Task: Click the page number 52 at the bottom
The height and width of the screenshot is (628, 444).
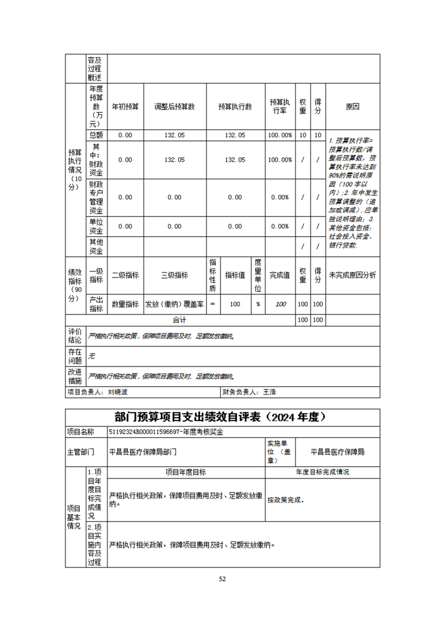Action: (x=222, y=579)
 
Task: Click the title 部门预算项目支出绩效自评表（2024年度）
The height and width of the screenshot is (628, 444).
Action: (x=222, y=418)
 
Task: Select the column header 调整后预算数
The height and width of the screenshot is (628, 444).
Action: (x=175, y=106)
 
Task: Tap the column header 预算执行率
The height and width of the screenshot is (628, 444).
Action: (x=280, y=106)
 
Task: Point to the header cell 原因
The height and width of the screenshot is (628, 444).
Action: (x=353, y=106)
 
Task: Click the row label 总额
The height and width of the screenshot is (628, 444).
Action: (x=96, y=135)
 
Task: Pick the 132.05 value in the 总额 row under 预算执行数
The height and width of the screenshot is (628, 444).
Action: (x=235, y=135)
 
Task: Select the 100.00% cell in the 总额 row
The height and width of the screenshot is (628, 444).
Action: (x=280, y=135)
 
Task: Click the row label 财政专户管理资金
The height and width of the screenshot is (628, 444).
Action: (x=96, y=198)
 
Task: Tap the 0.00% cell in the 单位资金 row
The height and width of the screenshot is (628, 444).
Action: (x=280, y=226)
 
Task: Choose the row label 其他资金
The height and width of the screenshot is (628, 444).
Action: (x=96, y=246)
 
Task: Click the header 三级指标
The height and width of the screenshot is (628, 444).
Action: (x=175, y=275)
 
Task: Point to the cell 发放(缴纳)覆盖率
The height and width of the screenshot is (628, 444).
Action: (x=175, y=304)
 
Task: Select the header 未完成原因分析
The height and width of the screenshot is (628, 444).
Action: (x=353, y=275)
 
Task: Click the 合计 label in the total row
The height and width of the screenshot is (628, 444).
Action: (x=179, y=320)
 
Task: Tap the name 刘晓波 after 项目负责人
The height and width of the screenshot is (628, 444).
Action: (x=117, y=392)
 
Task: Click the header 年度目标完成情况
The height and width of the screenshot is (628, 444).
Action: (x=323, y=472)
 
